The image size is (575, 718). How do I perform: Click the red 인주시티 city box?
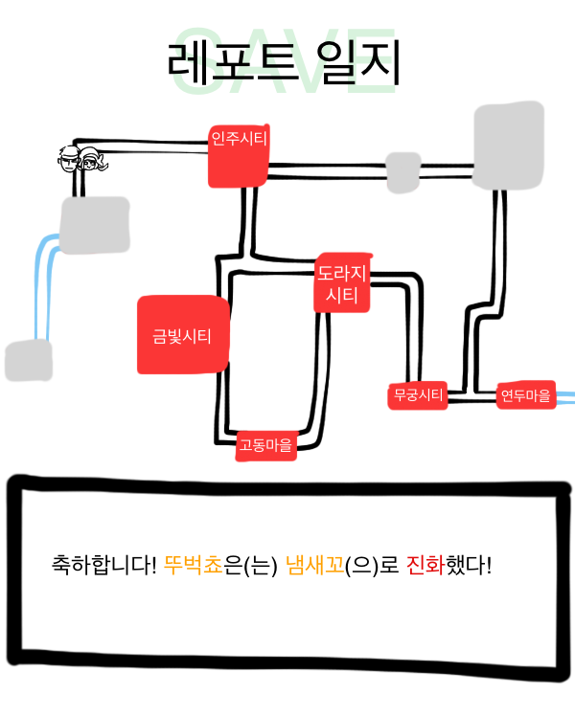tap(239, 155)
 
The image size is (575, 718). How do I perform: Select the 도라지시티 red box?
tap(342, 283)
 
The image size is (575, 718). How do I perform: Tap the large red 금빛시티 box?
tap(183, 335)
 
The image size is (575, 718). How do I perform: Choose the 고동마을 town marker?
tap(266, 445)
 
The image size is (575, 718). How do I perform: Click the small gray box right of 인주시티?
tap(402, 171)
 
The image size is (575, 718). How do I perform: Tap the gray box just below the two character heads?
tap(95, 225)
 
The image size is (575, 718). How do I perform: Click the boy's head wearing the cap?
tap(69, 161)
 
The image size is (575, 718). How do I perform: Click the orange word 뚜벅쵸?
tap(193, 565)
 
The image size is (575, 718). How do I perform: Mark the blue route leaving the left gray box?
tap(44, 287)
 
